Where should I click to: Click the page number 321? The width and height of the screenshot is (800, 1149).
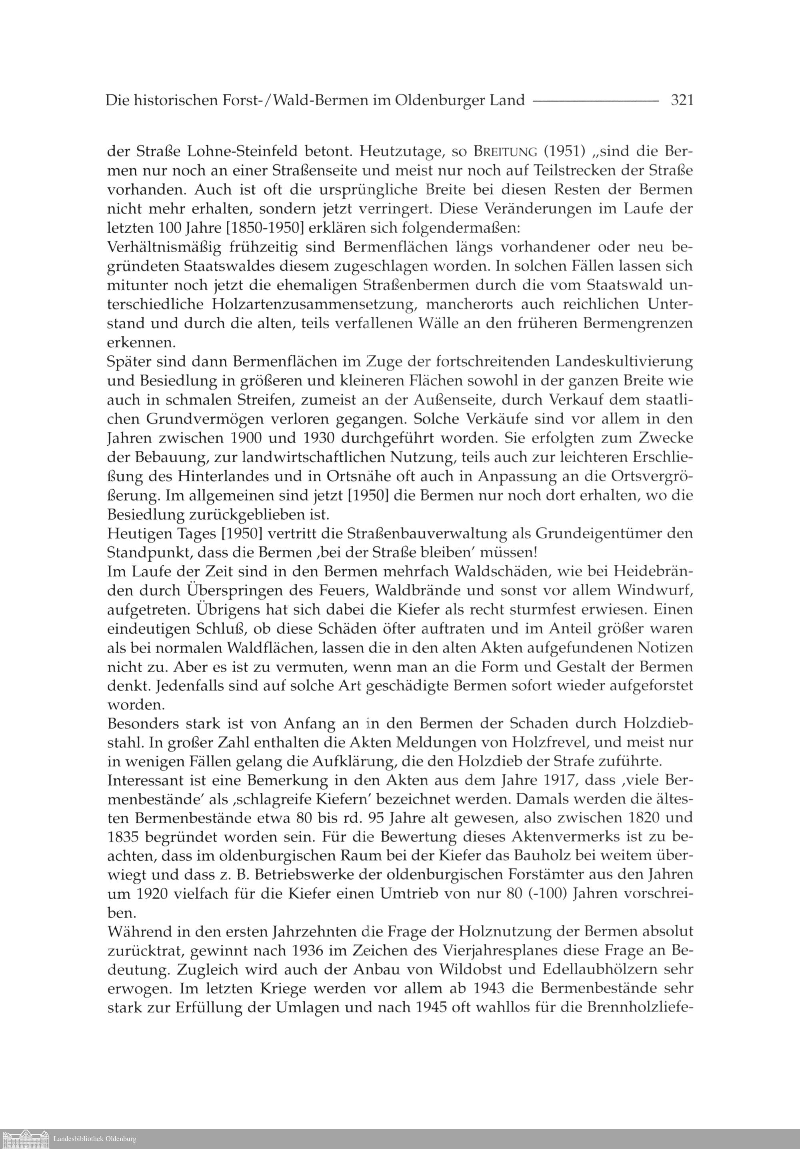pos(682,101)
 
